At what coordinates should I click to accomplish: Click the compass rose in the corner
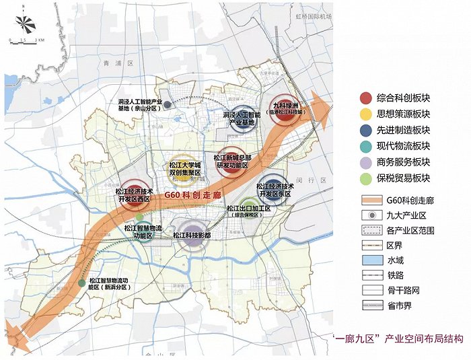[23, 24]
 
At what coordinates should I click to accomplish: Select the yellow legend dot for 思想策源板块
[365, 114]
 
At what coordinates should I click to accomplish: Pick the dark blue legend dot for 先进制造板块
[365, 131]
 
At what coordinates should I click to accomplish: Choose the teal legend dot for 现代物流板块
[365, 146]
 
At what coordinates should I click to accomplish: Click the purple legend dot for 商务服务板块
[365, 162]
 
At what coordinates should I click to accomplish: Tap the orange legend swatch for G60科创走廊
[368, 200]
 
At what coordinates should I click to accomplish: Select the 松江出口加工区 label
[248, 211]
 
